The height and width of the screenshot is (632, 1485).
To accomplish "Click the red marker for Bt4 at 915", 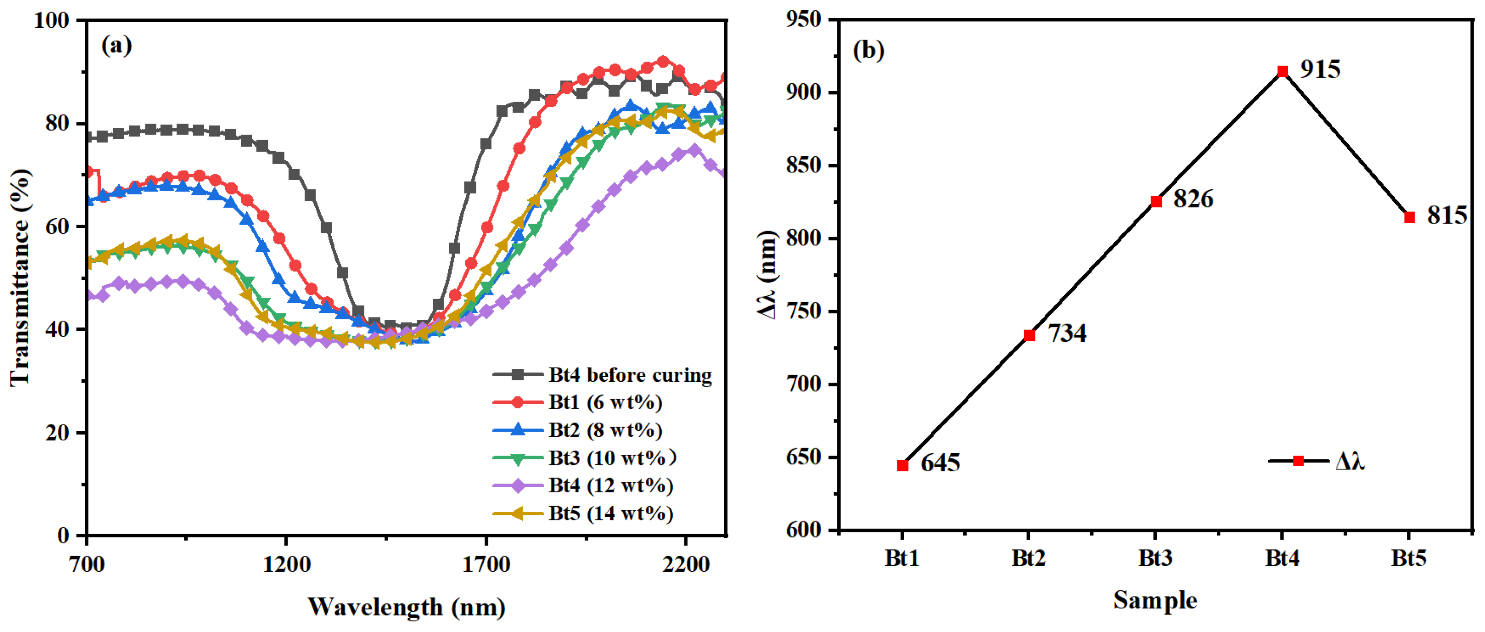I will (1282, 71).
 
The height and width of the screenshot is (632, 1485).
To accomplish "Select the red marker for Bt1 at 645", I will (903, 465).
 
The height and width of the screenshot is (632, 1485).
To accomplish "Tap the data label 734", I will (1067, 333).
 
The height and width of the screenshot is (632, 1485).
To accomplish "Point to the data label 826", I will (1193, 199).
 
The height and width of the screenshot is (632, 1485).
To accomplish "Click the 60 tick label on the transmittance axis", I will (57, 226).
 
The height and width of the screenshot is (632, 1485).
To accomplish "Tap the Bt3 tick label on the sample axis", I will (1155, 558).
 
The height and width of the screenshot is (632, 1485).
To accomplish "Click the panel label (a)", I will (116, 45).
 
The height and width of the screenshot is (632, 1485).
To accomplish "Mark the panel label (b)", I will (868, 51).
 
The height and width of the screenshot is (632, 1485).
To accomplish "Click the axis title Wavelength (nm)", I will (407, 607).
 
